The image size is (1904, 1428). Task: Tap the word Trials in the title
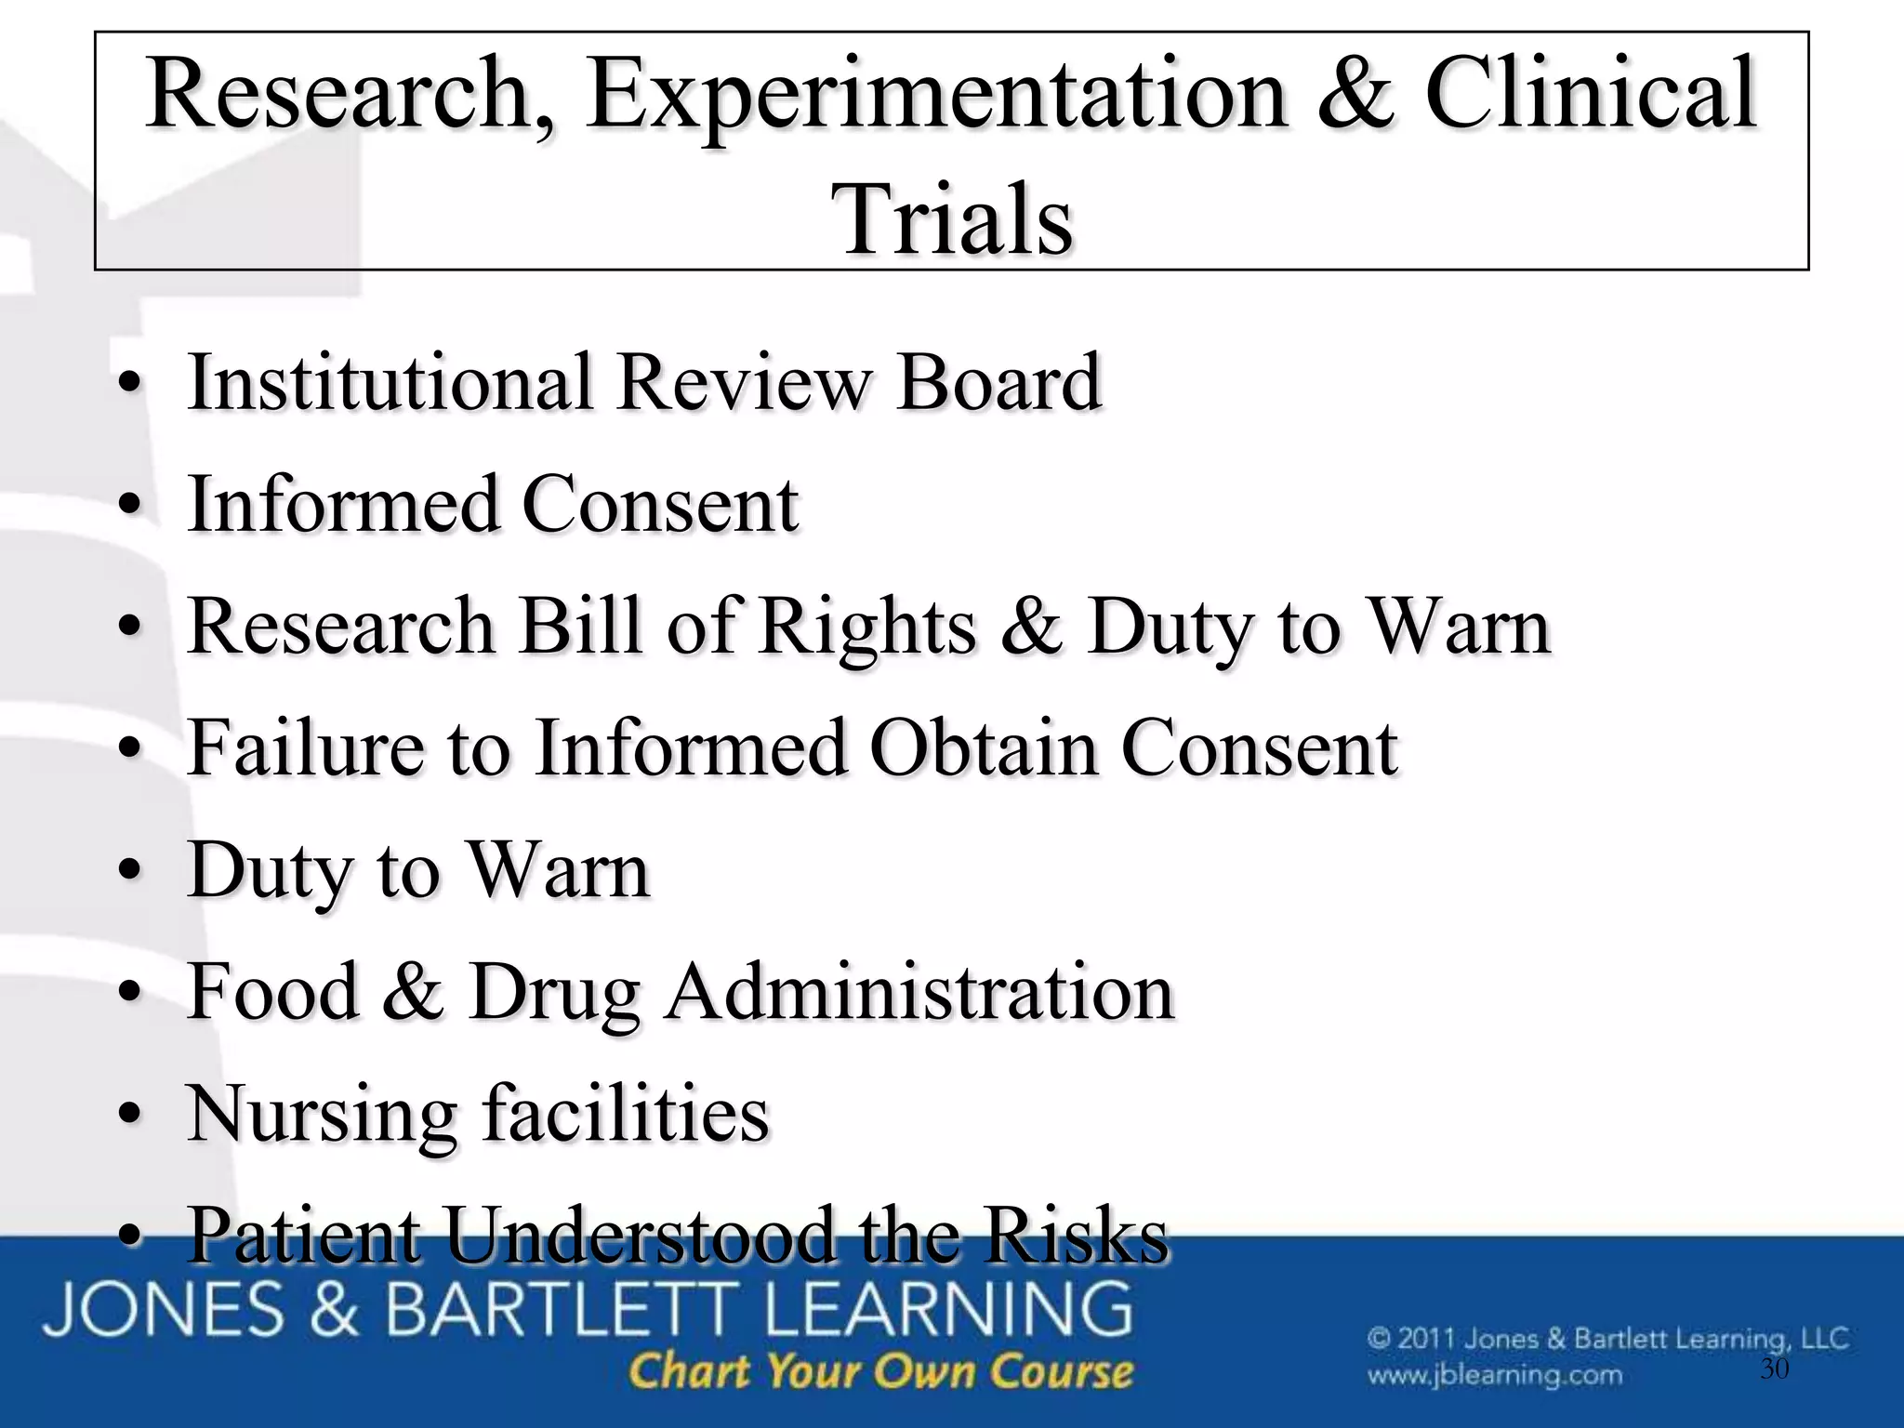click(956, 219)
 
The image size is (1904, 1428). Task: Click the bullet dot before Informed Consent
click(130, 507)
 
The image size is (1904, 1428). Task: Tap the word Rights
click(866, 628)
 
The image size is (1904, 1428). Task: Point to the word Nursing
click(322, 1116)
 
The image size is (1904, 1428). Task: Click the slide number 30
click(1775, 1368)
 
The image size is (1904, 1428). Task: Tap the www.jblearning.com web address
click(1494, 1374)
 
